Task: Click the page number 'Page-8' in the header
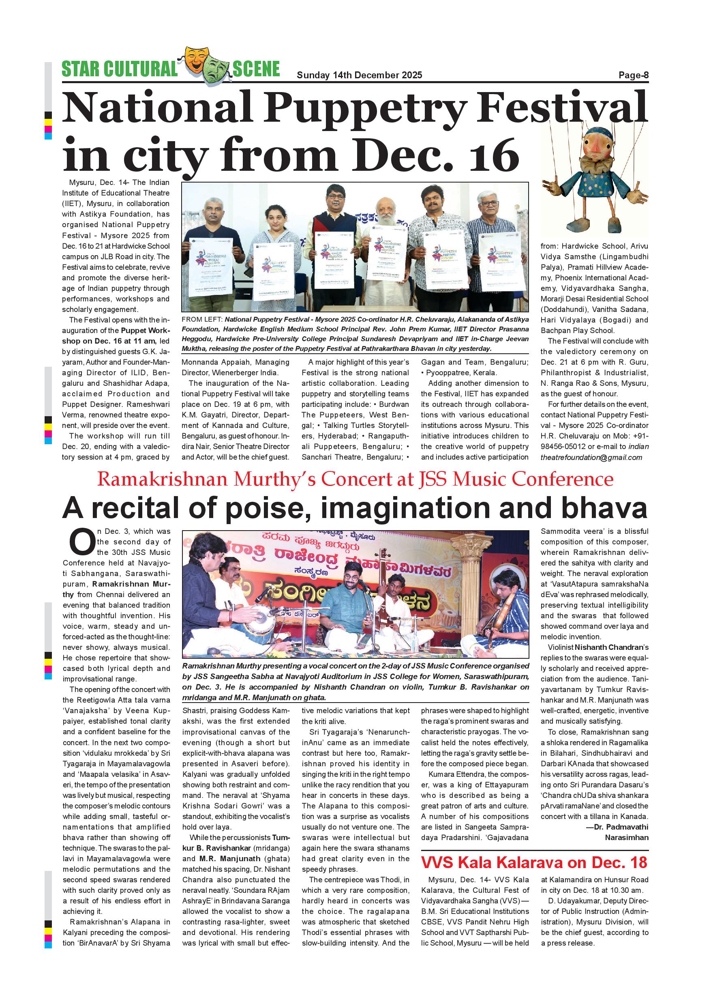(633, 75)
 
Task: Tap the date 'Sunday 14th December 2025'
(359, 75)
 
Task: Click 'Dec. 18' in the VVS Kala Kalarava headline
(619, 863)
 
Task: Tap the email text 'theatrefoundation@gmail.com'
(591, 458)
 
